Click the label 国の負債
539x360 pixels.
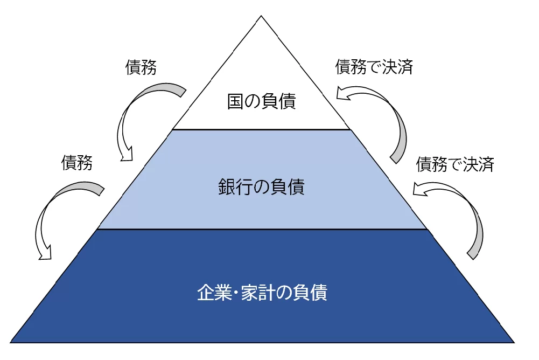[261, 101]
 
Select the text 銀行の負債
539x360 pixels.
[261, 188]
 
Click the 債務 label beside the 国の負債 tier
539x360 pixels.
[141, 68]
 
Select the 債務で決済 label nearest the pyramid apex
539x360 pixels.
[374, 67]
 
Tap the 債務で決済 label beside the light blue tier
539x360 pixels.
[455, 164]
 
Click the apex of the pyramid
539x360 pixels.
[261, 16]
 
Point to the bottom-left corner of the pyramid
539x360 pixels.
[11, 342]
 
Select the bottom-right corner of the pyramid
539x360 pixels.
[514, 342]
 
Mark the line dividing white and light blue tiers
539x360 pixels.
[261, 130]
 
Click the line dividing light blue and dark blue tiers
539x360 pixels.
[261, 229]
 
